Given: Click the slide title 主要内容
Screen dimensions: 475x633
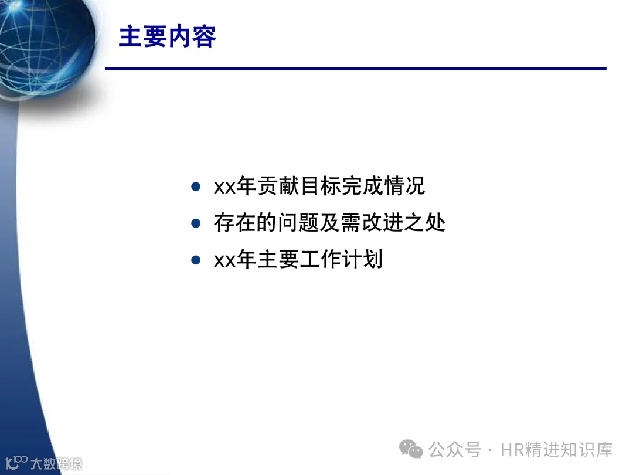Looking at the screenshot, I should [168, 36].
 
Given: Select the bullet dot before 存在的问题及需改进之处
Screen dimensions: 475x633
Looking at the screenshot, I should [196, 223].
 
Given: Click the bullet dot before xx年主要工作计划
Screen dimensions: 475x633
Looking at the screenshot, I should [196, 259].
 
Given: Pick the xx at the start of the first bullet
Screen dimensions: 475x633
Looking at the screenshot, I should [224, 188].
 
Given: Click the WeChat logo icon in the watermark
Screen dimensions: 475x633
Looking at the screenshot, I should [411, 450].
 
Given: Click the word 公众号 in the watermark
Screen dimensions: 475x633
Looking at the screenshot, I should [455, 450].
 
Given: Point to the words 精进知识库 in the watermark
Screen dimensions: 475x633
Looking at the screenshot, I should [571, 450].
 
